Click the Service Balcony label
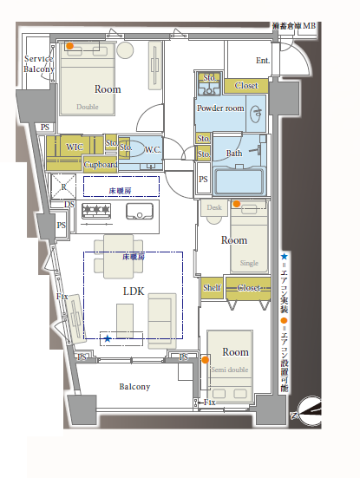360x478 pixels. [x=38, y=63]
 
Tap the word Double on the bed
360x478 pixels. [x=88, y=108]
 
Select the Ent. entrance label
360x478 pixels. [x=263, y=60]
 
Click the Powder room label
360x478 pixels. [x=220, y=108]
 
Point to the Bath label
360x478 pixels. [x=234, y=154]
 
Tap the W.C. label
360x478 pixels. [x=153, y=150]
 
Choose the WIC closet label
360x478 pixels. [x=75, y=147]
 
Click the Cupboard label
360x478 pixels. [x=101, y=164]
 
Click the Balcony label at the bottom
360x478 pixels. [x=134, y=387]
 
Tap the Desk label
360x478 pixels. [x=215, y=208]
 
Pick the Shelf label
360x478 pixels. [x=212, y=287]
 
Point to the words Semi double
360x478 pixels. [x=229, y=370]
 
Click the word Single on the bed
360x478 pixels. [x=248, y=262]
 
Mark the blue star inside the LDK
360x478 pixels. [x=108, y=338]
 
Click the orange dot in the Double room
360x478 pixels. [x=70, y=47]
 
